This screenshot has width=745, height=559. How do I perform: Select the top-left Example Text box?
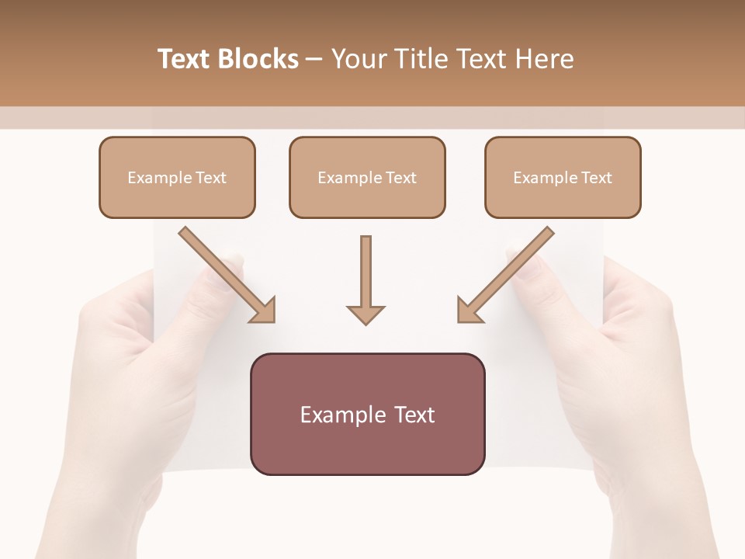[177, 177]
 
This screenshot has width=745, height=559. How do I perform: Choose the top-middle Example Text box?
[367, 177]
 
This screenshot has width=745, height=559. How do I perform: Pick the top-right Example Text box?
[563, 177]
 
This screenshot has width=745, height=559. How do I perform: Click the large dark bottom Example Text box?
[367, 414]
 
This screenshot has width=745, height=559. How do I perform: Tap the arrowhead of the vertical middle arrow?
[366, 314]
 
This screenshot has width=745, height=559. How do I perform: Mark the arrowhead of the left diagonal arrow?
[264, 311]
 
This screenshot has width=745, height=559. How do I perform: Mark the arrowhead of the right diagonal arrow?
[469, 311]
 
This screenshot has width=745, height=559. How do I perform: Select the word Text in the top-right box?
[597, 178]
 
